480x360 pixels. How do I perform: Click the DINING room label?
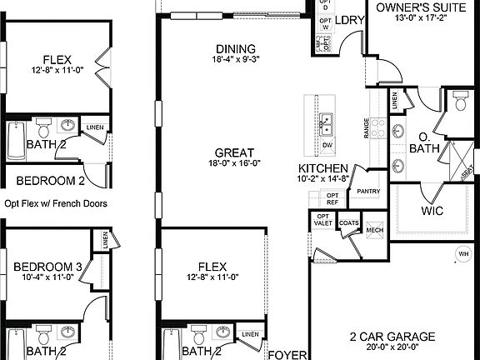tap(235, 49)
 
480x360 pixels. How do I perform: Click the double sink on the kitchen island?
tap(326, 122)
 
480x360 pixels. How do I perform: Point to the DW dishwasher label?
tap(327, 145)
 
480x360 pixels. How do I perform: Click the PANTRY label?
tap(367, 191)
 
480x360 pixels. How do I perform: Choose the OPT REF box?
tap(332, 198)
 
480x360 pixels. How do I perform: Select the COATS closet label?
tap(349, 222)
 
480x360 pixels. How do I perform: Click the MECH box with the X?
tap(374, 228)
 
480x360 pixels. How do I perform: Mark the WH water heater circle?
tap(462, 253)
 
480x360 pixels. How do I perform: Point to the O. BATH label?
tap(428, 142)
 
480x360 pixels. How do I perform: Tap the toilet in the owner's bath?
tap(459, 101)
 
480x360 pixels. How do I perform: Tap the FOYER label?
tap(282, 353)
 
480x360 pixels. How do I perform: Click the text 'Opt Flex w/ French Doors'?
tap(56, 202)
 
